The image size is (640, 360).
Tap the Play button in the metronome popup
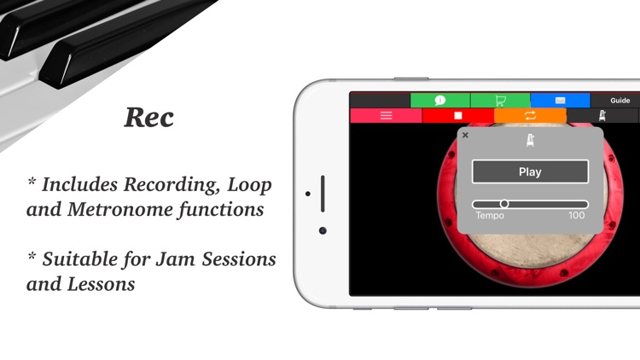(x=530, y=171)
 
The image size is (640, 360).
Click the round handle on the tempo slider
(x=504, y=204)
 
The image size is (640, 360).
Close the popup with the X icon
(x=465, y=135)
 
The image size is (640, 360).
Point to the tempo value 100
(x=577, y=216)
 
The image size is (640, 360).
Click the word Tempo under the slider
(x=490, y=216)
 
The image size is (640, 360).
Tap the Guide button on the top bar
(x=620, y=101)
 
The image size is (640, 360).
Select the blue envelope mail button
(x=560, y=101)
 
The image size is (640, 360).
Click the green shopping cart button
(x=500, y=101)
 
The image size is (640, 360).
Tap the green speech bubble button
(x=440, y=101)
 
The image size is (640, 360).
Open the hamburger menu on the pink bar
(x=386, y=115)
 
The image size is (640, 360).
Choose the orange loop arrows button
(x=530, y=115)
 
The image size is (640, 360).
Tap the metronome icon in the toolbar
(x=602, y=115)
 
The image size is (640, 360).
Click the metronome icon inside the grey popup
(x=530, y=140)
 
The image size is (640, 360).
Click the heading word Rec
(x=149, y=118)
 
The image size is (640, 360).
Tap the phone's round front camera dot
(x=323, y=230)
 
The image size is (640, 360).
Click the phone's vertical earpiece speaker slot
(x=323, y=194)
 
